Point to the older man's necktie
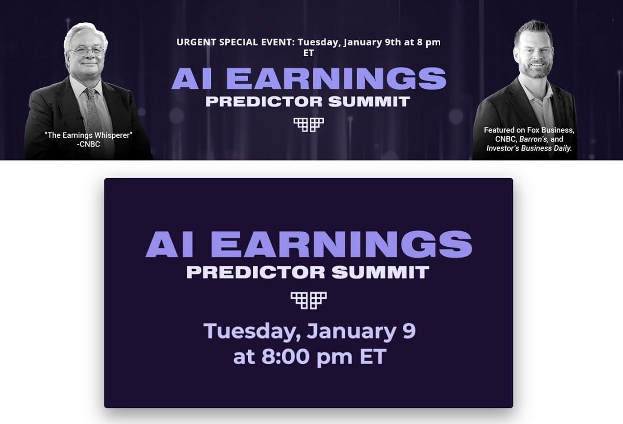coord(93,109)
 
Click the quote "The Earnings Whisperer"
coord(88,135)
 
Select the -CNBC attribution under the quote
coord(88,144)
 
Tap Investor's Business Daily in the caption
coord(529,148)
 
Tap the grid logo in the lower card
coord(308,300)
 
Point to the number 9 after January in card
coord(409,330)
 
